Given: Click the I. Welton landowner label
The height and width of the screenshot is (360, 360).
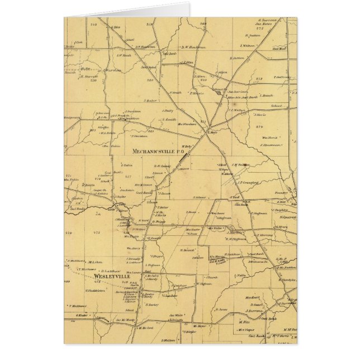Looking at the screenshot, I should (x=247, y=45).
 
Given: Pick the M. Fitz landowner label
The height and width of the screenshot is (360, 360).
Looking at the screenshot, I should (x=243, y=322).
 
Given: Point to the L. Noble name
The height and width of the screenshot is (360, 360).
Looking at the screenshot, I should (x=241, y=275).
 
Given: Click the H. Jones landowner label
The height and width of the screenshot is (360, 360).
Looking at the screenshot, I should (x=222, y=309).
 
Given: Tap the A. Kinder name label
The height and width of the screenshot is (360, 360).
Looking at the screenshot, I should (x=83, y=314).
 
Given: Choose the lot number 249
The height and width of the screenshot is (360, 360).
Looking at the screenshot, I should (x=94, y=25).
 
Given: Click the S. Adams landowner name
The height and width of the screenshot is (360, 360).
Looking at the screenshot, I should (x=200, y=197).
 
